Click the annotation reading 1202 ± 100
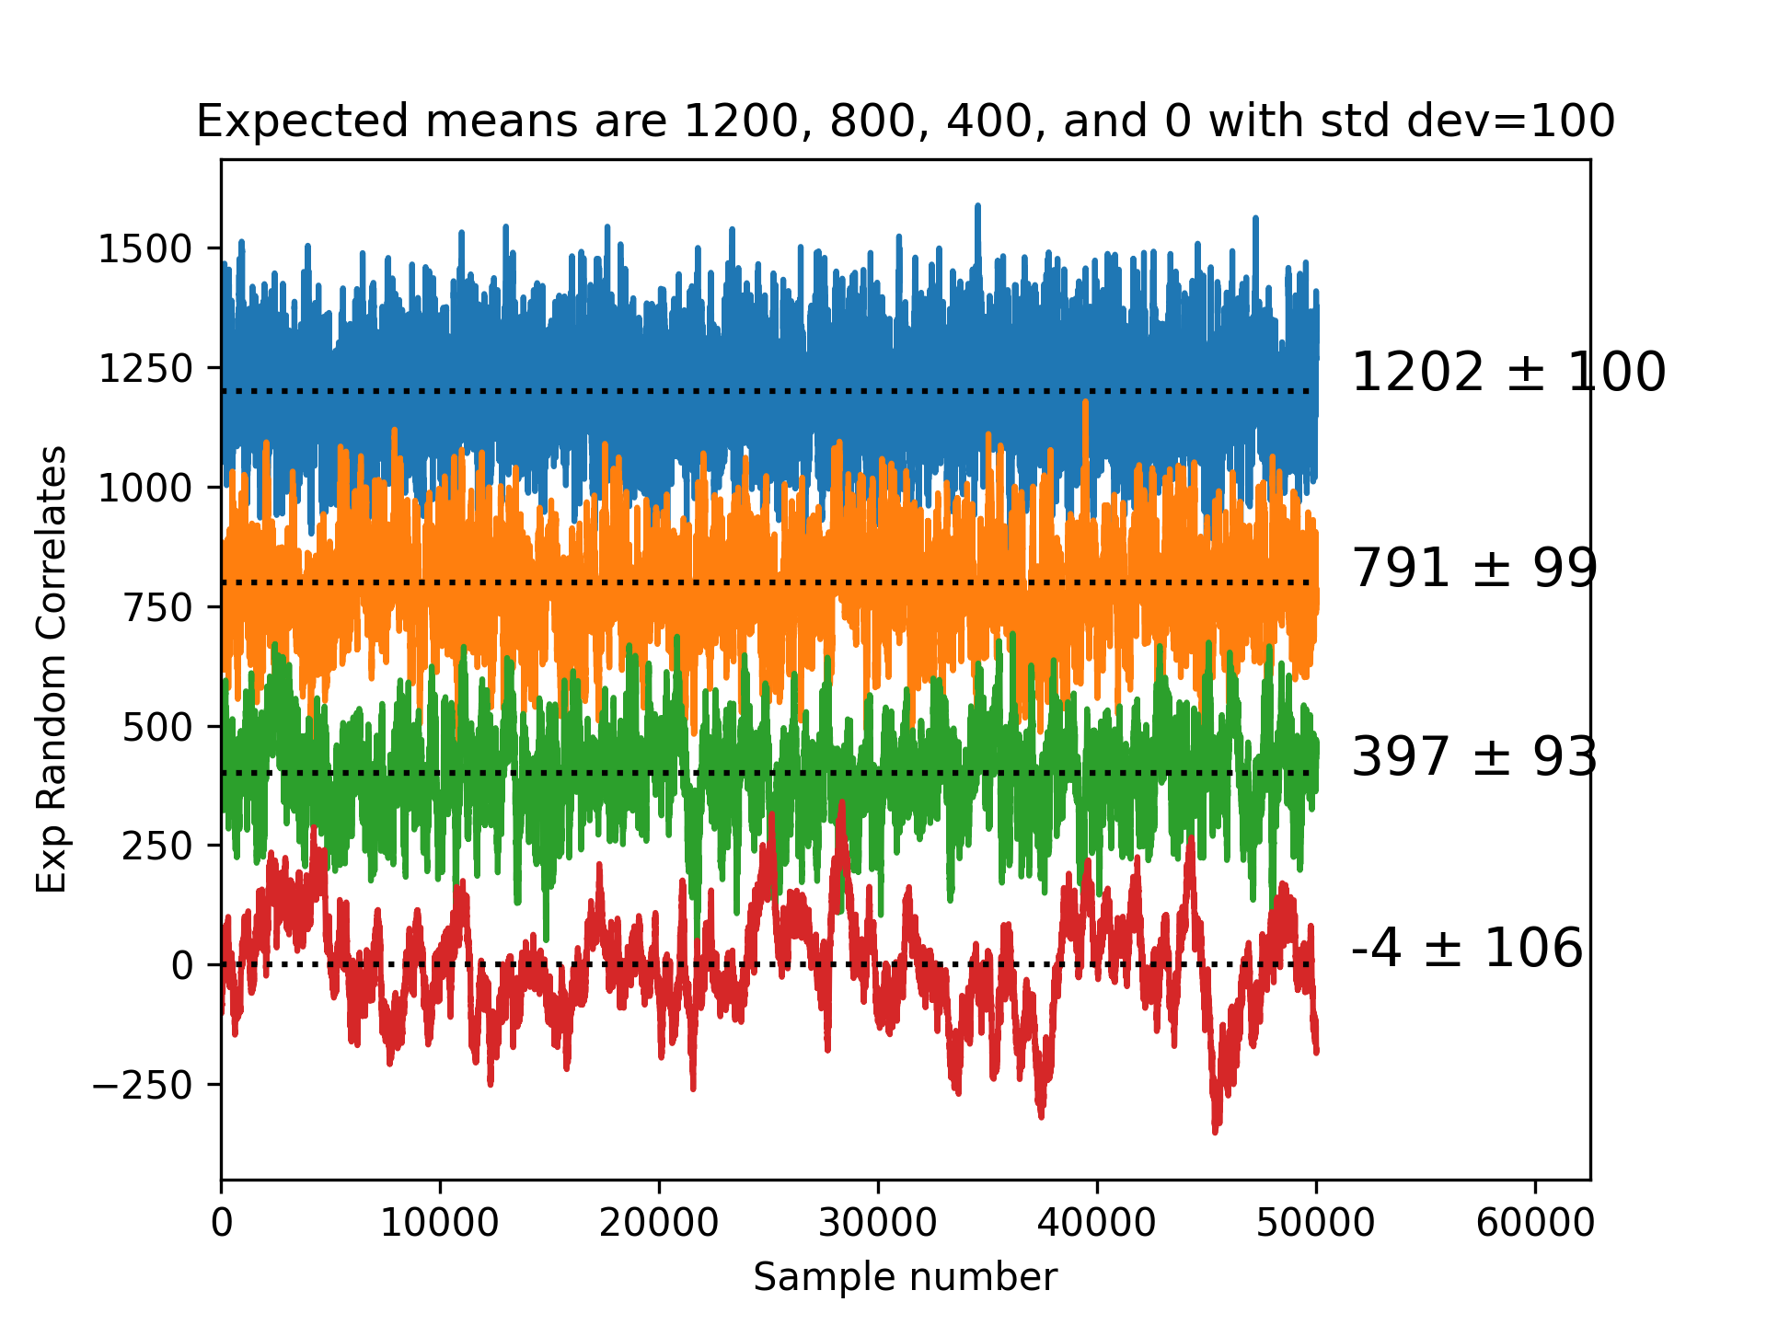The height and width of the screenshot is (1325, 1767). point(1507,373)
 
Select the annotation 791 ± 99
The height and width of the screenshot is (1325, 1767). point(1473,568)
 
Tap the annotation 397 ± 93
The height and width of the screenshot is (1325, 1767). point(1473,757)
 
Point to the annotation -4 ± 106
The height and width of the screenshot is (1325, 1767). point(1466,948)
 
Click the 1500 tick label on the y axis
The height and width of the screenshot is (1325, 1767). point(144,249)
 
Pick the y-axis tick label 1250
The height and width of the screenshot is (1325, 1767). point(144,369)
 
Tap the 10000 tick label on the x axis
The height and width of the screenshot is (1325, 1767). point(439,1224)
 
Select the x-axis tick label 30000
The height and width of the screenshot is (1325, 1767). point(877,1224)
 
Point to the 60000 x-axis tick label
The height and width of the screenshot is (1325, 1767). point(1534,1224)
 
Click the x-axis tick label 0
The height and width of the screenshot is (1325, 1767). point(221,1224)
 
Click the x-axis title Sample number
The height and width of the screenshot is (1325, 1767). point(905,1277)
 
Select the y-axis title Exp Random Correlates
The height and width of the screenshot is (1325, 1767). point(52,669)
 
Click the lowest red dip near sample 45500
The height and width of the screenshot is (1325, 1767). point(1216,1130)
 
